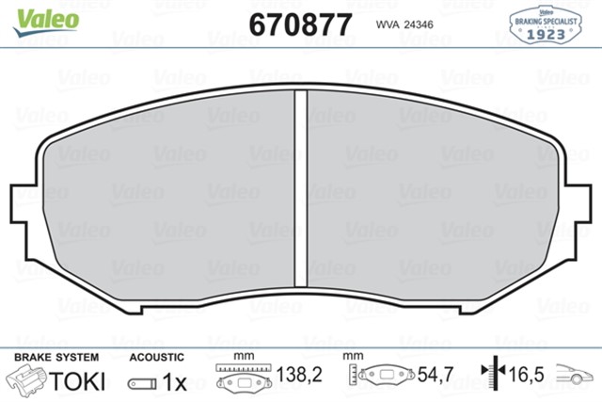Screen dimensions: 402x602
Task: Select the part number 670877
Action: click(300, 24)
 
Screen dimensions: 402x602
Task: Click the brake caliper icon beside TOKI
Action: click(28, 380)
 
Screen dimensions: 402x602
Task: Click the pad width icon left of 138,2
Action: click(244, 378)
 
